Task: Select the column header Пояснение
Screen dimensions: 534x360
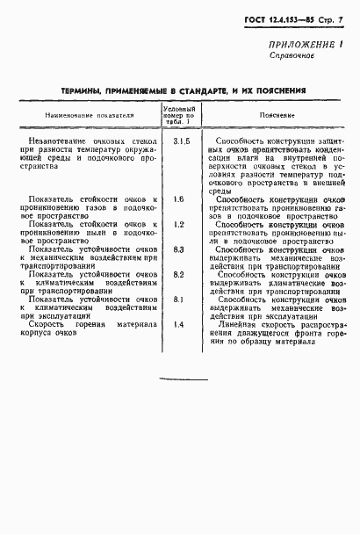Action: click(x=277, y=115)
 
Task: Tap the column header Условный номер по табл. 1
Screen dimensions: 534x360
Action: click(x=179, y=115)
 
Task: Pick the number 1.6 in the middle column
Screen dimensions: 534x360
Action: click(x=179, y=224)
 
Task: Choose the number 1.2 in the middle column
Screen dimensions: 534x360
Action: click(x=179, y=249)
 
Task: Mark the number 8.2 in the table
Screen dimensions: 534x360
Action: click(x=179, y=300)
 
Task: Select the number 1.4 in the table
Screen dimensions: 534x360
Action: click(x=179, y=350)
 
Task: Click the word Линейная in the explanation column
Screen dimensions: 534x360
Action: click(x=243, y=350)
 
